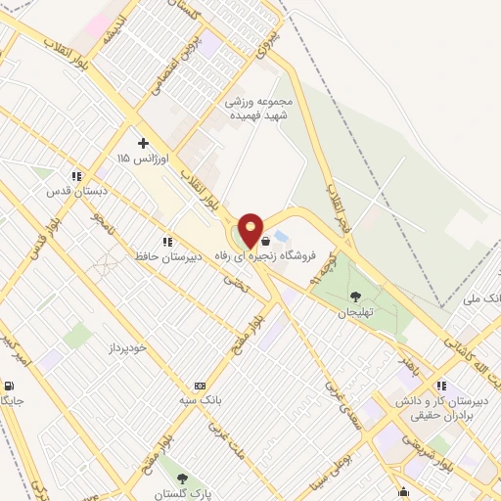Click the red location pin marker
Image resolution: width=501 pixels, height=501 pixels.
(251, 230)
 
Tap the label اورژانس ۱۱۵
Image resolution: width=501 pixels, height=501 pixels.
(137, 158)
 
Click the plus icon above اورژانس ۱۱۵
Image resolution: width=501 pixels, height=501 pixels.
(143, 143)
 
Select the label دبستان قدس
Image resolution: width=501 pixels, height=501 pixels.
(72, 192)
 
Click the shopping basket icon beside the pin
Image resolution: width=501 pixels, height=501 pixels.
(265, 240)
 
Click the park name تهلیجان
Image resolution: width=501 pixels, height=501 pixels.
(356, 313)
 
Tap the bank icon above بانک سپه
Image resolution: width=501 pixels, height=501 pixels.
(201, 385)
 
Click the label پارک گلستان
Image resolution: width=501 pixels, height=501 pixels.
(183, 494)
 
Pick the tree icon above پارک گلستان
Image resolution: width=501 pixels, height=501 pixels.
(183, 478)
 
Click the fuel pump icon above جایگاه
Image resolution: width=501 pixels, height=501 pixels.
(10, 386)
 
